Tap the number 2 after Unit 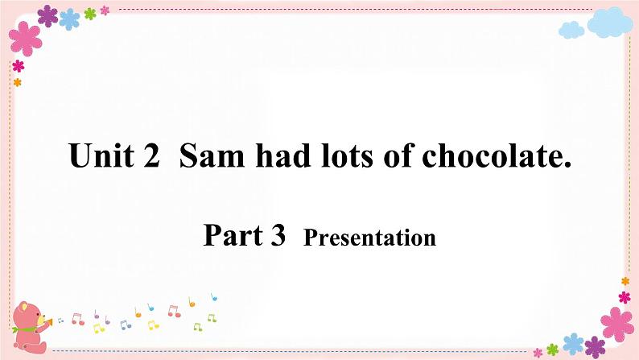[150, 155]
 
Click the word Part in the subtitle [229, 235]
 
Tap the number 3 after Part [278, 235]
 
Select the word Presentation [369, 238]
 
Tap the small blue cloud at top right [571, 31]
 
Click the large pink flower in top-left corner [26, 39]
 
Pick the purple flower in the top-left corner [48, 14]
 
